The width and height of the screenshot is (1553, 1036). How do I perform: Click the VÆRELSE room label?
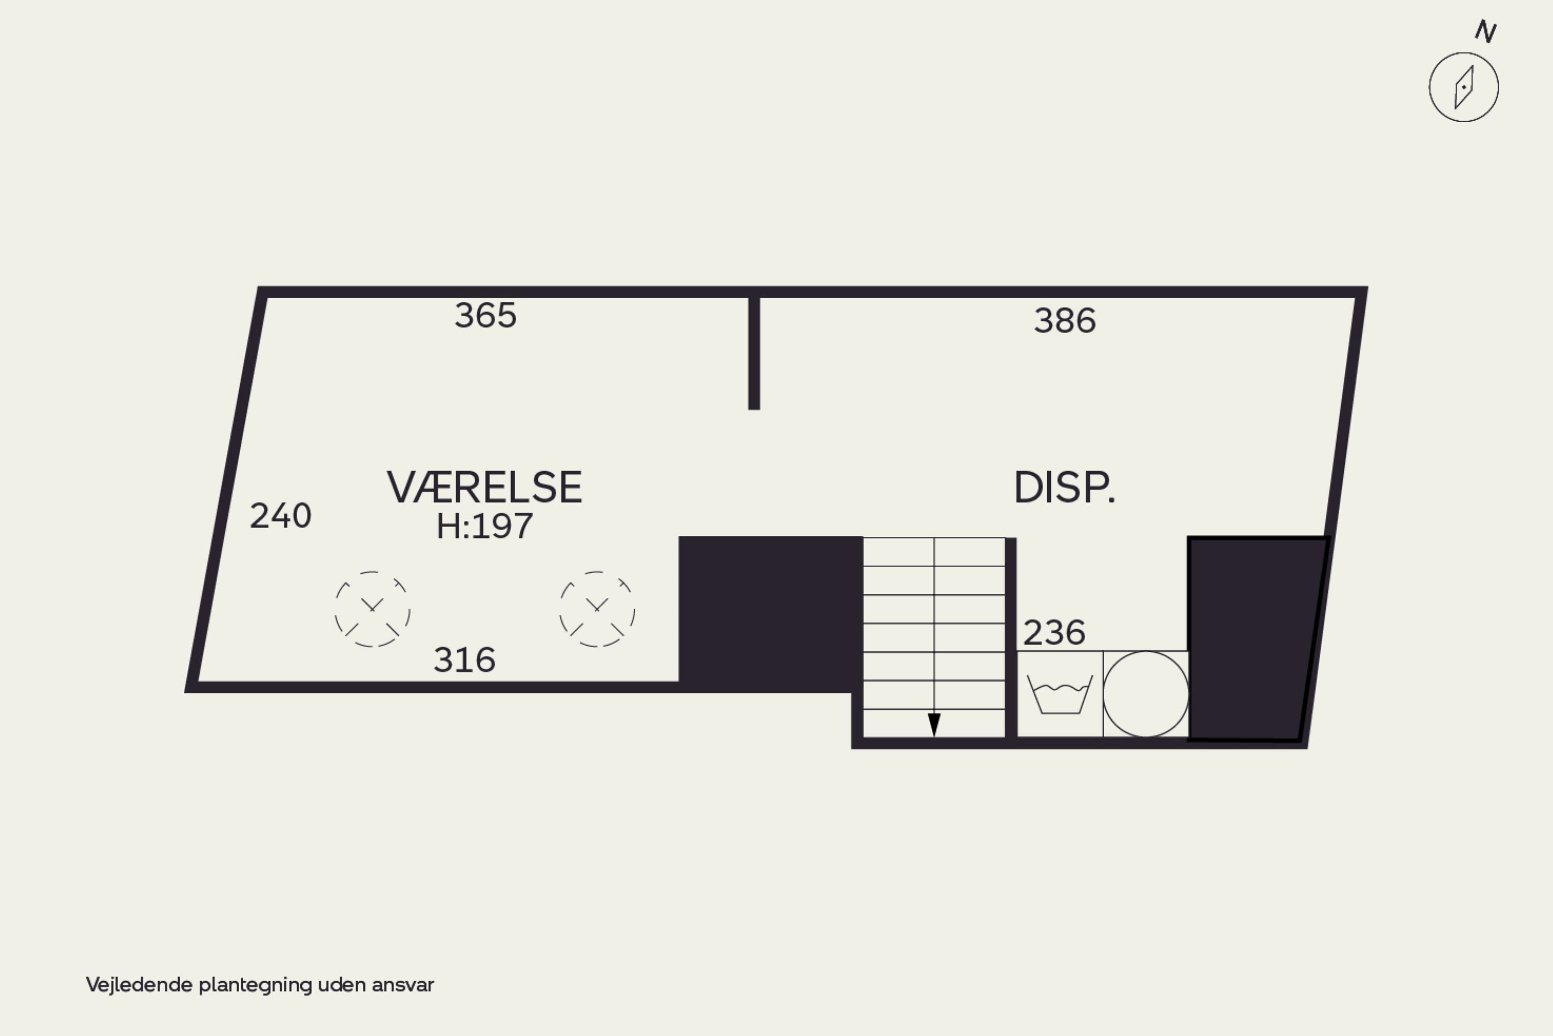(x=484, y=488)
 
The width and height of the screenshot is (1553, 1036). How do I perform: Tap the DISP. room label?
(x=1064, y=488)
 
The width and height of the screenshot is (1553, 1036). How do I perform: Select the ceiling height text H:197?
(x=484, y=527)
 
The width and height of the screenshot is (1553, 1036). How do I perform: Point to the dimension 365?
(x=486, y=315)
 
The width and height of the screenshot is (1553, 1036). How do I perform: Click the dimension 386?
(x=1065, y=320)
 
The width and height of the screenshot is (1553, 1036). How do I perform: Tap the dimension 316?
(x=464, y=660)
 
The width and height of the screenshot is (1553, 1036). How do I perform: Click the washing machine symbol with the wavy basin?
(x=1060, y=694)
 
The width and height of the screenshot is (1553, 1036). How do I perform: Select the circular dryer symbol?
(x=1146, y=694)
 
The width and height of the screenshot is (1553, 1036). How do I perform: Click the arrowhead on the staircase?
(x=934, y=725)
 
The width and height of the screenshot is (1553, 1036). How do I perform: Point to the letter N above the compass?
(x=1486, y=31)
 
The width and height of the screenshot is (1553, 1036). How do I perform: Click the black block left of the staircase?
(x=770, y=615)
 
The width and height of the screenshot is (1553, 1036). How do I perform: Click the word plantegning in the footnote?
(x=256, y=985)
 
